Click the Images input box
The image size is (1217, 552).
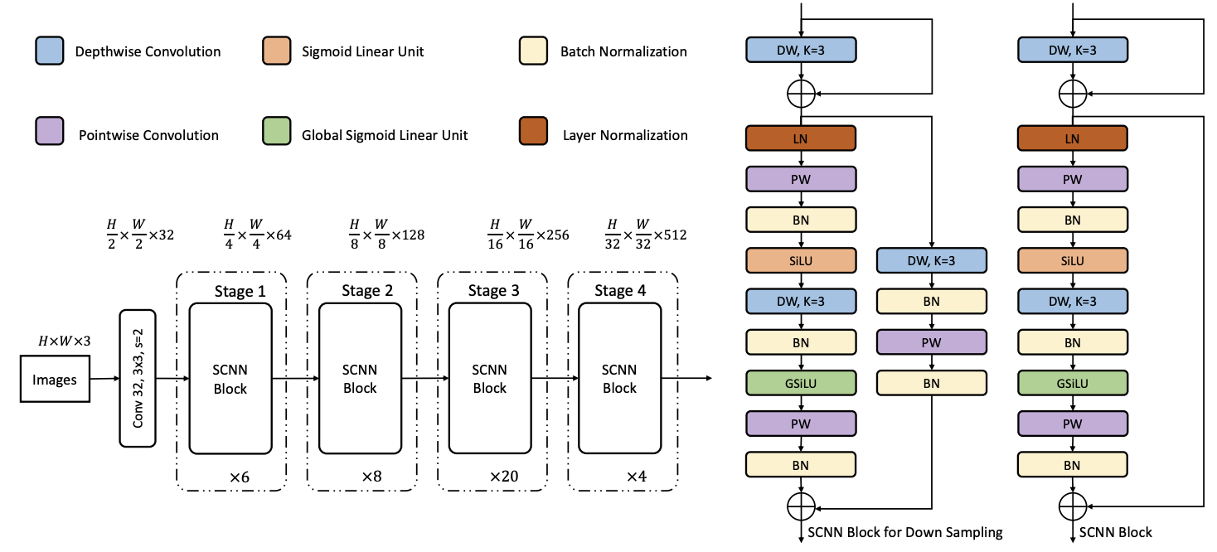tap(54, 380)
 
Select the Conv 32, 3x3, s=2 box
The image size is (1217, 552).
tap(138, 378)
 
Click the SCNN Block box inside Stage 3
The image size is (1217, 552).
tap(489, 379)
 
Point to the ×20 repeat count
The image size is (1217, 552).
tap(505, 477)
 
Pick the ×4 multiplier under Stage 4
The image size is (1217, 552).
tap(636, 477)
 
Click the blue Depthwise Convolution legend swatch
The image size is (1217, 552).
tap(49, 51)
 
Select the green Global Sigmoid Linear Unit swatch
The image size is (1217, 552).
tap(275, 134)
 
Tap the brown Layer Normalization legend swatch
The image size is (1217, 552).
tap(532, 134)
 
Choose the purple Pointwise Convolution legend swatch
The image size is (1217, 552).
tap(49, 134)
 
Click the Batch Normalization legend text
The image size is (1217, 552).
tap(623, 51)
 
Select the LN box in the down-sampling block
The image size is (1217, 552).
tap(801, 138)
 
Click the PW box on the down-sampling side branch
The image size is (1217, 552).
tap(932, 341)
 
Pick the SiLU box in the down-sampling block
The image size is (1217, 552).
tap(801, 260)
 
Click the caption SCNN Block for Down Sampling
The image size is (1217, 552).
tap(904, 532)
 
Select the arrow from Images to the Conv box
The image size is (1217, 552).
tap(103, 379)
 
